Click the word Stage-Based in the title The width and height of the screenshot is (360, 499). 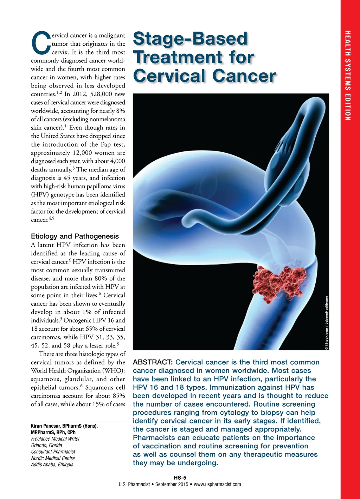coord(190,39)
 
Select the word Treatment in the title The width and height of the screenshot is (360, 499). coord(178,58)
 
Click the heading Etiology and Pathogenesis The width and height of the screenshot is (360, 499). coord(75,236)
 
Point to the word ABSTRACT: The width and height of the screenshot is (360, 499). coord(153,362)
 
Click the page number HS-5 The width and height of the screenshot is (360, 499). coord(180,478)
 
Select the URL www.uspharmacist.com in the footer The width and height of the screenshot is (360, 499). coord(217,484)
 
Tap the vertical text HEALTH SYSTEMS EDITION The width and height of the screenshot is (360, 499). coord(347,76)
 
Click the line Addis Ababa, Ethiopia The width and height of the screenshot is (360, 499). coord(52,465)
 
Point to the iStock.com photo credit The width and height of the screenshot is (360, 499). coord(327,323)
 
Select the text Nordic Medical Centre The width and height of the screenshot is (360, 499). coord(53,458)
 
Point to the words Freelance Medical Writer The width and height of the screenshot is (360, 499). coord(55,439)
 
